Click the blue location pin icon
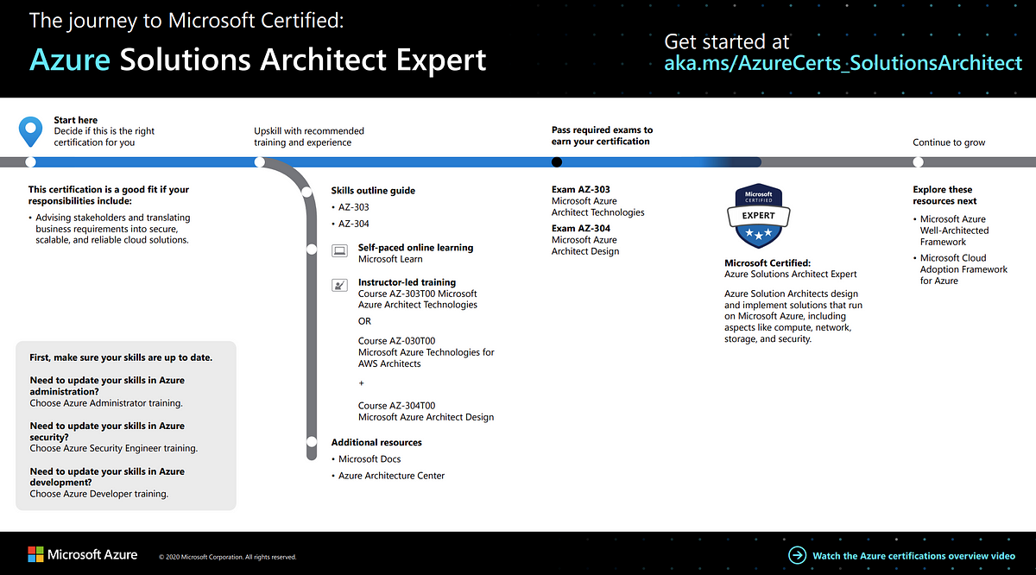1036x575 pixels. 30,131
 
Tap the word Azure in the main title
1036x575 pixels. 70,60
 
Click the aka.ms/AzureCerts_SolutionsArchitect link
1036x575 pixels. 843,63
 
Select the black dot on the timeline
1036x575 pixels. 557,162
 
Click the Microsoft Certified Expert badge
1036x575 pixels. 759,216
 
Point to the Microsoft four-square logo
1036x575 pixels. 35,554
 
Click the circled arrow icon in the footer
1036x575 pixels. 797,555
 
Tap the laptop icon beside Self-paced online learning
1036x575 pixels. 339,250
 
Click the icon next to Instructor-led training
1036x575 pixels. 339,285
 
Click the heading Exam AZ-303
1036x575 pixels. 580,189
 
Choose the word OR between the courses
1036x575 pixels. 364,321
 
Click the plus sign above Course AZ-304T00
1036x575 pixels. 361,383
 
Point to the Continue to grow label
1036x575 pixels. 949,142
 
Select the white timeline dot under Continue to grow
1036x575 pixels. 918,162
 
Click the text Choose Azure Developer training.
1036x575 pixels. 99,494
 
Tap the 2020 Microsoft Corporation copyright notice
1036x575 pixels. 228,557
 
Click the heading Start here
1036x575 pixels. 75,120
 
